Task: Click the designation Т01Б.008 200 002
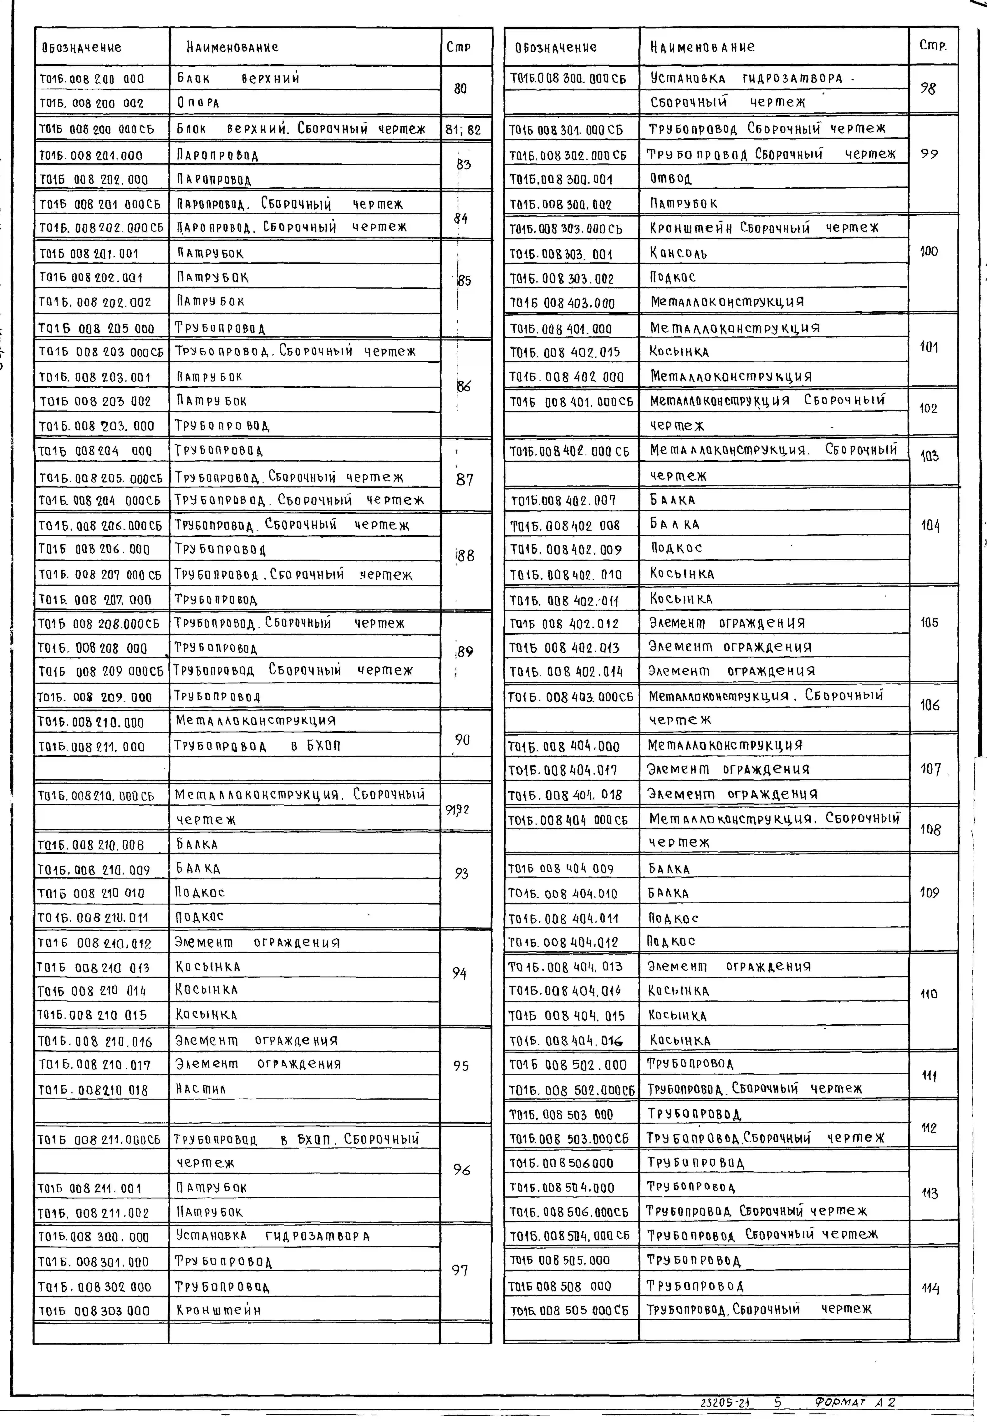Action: (x=91, y=103)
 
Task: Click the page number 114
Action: (x=930, y=1289)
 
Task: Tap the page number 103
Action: (x=929, y=457)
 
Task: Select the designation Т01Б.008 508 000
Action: (x=560, y=1286)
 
